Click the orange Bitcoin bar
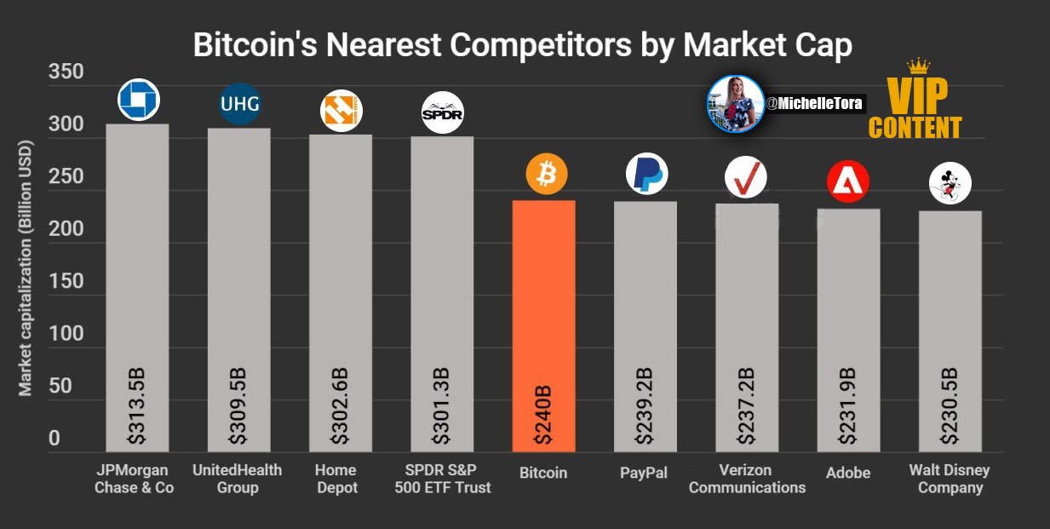[x=544, y=326]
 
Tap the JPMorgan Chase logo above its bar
[x=139, y=100]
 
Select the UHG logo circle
[x=239, y=104]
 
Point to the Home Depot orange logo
[x=341, y=111]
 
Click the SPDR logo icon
[x=443, y=112]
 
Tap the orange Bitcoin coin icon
[x=547, y=174]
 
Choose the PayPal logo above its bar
[x=647, y=174]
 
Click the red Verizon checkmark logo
[x=746, y=178]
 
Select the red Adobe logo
[x=848, y=181]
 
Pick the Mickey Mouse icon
[x=950, y=183]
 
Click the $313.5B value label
[x=137, y=406]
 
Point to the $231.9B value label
[x=847, y=406]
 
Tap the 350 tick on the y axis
[x=66, y=72]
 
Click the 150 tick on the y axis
[x=66, y=281]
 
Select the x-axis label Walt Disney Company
[x=950, y=479]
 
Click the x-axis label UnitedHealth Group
[x=238, y=479]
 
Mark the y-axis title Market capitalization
[x=25, y=268]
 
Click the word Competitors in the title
[x=541, y=45]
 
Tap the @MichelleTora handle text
[x=814, y=103]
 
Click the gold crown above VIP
[x=918, y=66]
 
